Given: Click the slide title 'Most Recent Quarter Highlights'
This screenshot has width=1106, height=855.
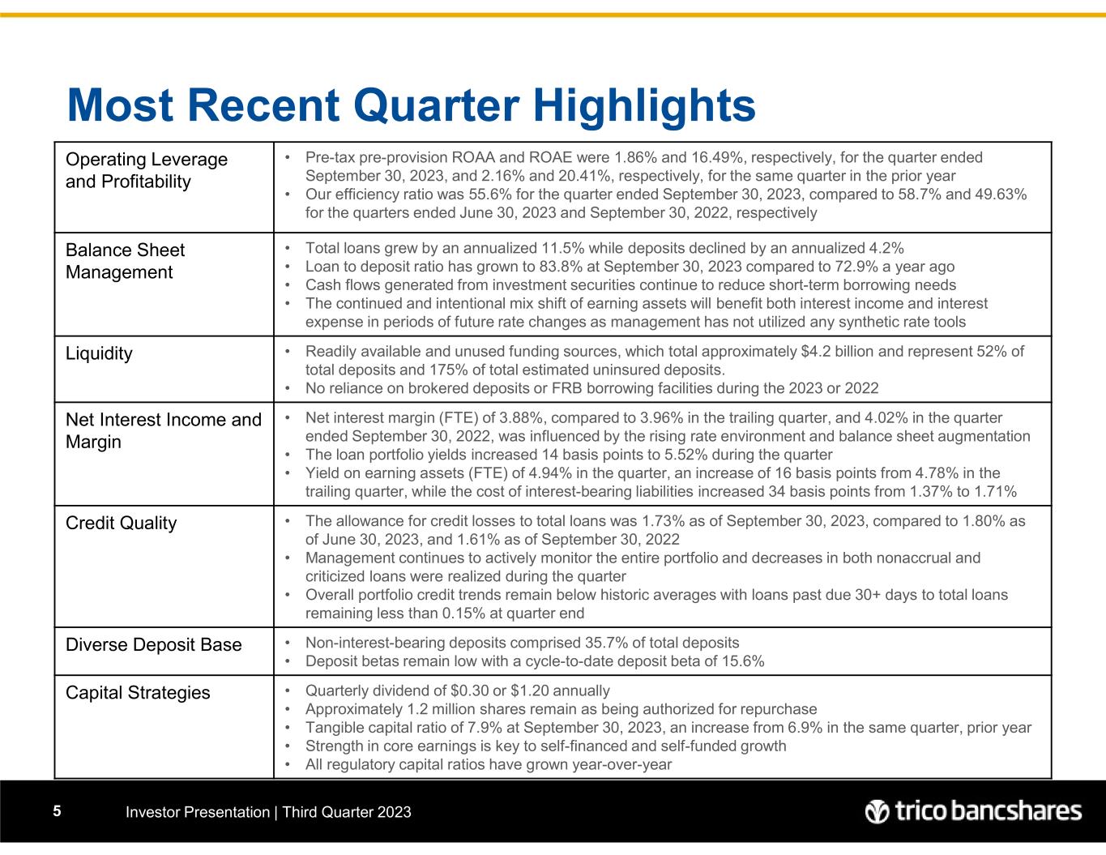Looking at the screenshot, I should [x=412, y=105].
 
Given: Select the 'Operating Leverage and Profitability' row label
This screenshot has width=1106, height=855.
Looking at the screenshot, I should [x=147, y=170].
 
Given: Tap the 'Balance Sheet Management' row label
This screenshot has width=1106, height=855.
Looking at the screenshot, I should [x=125, y=261].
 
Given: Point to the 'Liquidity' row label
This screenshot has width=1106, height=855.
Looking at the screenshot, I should [x=99, y=353].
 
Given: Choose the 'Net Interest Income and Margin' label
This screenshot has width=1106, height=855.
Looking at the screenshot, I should [x=164, y=430].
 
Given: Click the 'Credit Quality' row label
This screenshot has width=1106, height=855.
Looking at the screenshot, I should [x=121, y=523].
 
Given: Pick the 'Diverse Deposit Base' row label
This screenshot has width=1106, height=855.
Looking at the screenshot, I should [x=153, y=644].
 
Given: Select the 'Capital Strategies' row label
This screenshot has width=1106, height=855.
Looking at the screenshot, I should [x=138, y=692].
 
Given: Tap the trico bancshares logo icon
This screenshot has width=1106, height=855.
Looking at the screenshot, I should [x=878, y=811].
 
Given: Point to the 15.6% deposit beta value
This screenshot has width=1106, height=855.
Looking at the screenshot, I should [x=741, y=660].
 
